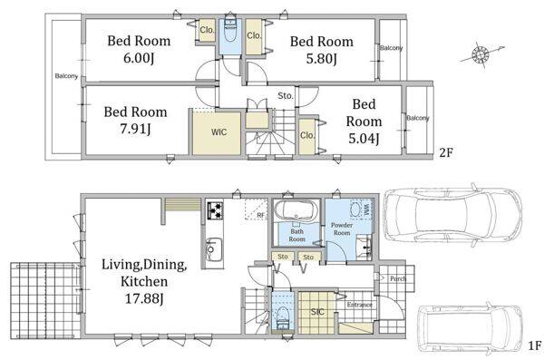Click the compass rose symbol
point(481,54)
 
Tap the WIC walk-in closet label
point(219,131)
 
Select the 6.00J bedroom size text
point(139,58)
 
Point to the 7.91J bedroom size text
point(135,129)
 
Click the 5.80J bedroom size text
point(322,59)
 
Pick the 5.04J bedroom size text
point(364,139)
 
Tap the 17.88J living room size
point(144,297)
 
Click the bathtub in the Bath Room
point(296,210)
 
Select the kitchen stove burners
point(215,210)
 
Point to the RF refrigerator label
point(260,215)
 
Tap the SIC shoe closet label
point(317,312)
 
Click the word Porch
point(398,278)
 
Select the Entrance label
point(360,305)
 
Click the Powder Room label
point(342,229)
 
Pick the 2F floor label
point(446,152)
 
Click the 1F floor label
point(535,345)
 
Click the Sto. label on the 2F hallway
point(286,96)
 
